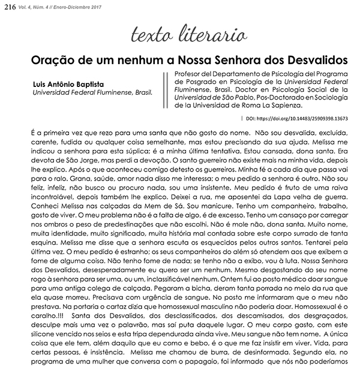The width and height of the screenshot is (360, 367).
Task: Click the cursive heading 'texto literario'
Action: (x=179, y=34)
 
